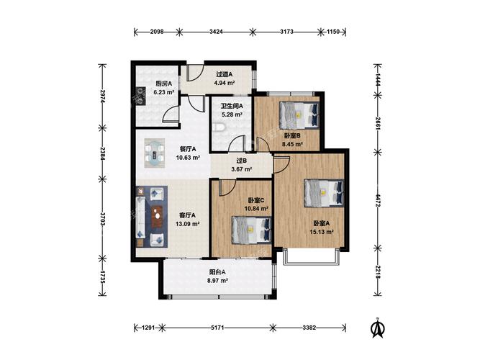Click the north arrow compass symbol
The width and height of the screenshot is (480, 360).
pyautogui.click(x=378, y=328)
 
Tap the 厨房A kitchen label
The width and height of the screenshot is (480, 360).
pyautogui.click(x=164, y=84)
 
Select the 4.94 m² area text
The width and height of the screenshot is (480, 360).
pyautogui.click(x=225, y=82)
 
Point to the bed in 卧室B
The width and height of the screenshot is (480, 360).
pyautogui.click(x=299, y=115)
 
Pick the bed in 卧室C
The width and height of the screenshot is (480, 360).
pyautogui.click(x=252, y=230)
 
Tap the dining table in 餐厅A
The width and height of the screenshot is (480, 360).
pyautogui.click(x=155, y=153)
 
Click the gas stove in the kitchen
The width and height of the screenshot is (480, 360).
pyautogui.click(x=141, y=96)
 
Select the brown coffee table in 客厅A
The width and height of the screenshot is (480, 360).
pyautogui.click(x=158, y=216)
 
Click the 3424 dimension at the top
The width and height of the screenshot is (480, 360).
pyautogui.click(x=216, y=32)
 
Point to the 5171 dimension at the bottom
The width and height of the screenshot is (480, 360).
pyautogui.click(x=217, y=328)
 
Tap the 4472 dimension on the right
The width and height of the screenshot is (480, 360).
pyautogui.click(x=378, y=200)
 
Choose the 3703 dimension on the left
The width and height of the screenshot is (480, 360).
pyautogui.click(x=103, y=219)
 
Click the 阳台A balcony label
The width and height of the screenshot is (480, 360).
pyautogui.click(x=217, y=272)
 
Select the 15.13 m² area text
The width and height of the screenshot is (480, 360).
pyautogui.click(x=322, y=232)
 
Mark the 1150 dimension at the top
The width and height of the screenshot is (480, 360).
pyautogui.click(x=333, y=32)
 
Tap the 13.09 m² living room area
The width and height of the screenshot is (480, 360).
pyautogui.click(x=187, y=224)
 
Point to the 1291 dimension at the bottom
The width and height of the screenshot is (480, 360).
pyautogui.click(x=149, y=328)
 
